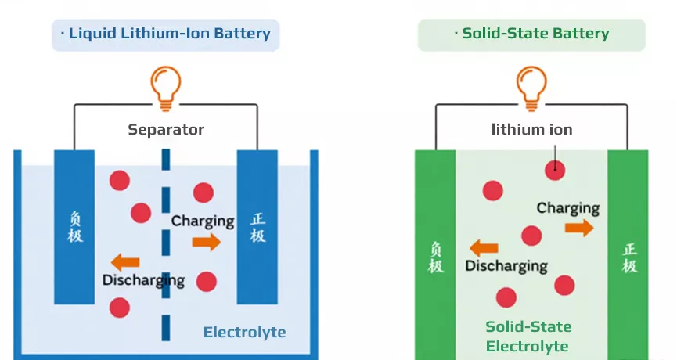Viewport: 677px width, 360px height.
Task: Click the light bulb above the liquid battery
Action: tap(165, 86)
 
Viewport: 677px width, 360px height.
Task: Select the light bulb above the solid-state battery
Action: tap(531, 86)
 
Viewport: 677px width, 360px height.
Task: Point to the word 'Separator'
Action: tap(166, 130)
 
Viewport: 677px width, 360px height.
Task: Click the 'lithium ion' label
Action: tap(531, 130)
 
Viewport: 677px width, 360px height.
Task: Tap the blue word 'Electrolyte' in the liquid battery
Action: tap(244, 333)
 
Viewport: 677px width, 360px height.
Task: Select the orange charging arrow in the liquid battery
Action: tap(207, 242)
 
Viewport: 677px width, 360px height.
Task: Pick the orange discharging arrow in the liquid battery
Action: tap(125, 262)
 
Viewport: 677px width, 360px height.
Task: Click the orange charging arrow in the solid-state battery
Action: tap(579, 228)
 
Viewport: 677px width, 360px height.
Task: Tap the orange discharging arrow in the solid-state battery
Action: tap(484, 249)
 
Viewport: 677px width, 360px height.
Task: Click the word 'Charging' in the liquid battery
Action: tap(203, 221)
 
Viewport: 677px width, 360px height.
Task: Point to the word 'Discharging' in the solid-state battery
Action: tap(506, 266)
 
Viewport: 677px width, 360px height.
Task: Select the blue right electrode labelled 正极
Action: tap(257, 227)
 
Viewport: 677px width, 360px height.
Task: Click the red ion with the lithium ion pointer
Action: tap(555, 169)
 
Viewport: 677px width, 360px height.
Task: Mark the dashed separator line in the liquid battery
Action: tap(166, 235)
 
